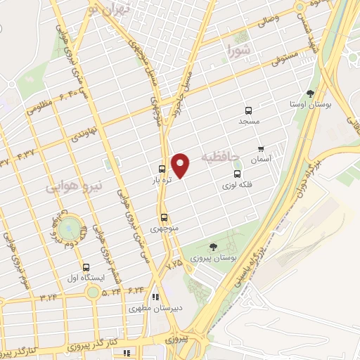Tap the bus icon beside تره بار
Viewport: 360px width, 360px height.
point(162,169)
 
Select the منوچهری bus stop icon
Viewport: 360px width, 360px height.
point(164,217)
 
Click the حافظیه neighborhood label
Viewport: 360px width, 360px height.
point(220,155)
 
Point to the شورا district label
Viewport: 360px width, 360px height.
point(239,49)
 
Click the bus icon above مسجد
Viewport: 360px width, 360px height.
point(248,110)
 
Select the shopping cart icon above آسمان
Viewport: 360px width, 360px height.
point(262,148)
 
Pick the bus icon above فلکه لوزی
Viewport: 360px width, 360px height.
point(236,174)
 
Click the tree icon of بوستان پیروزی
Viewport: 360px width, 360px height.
point(213,246)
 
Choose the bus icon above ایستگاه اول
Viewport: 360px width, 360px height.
point(86,267)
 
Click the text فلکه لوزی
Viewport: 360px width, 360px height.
point(236,184)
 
